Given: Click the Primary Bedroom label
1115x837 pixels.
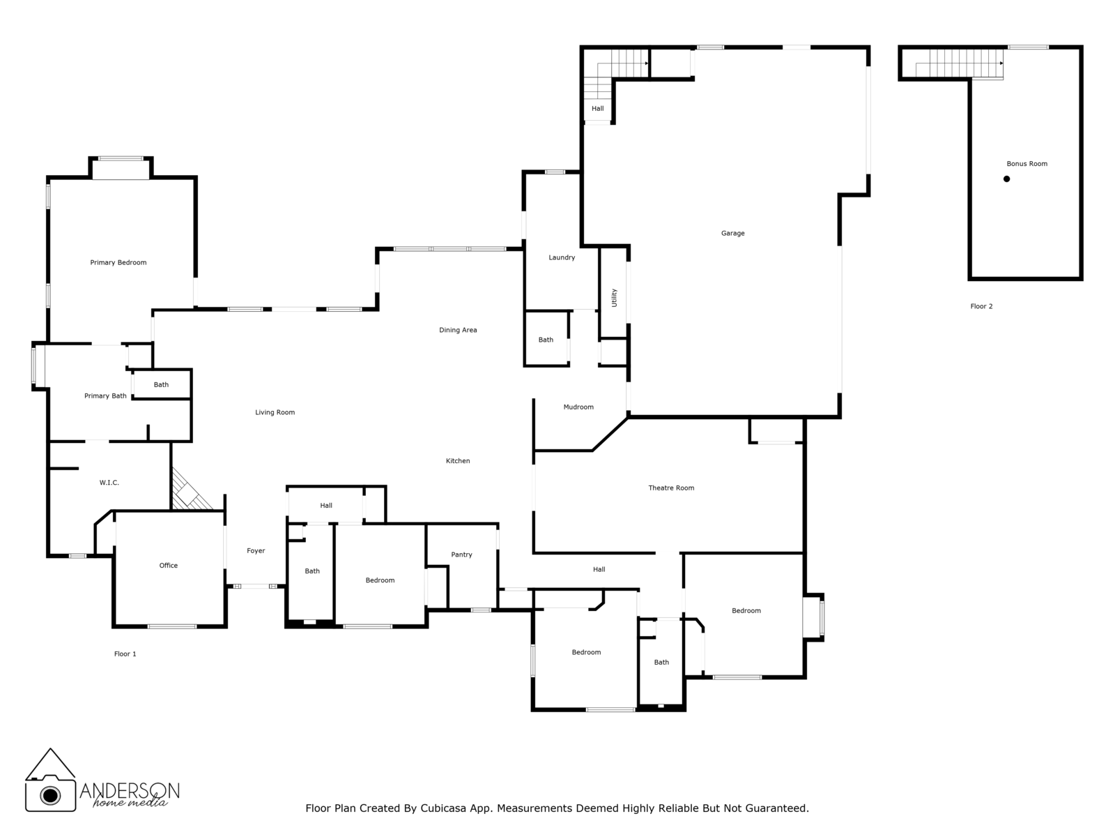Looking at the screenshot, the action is click(x=118, y=263).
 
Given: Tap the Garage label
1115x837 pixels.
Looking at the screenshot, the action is click(x=732, y=234).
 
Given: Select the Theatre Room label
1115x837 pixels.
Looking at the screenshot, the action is click(x=671, y=488).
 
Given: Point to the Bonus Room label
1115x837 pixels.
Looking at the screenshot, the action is click(x=1026, y=164).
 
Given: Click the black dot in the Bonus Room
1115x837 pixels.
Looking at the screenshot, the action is click(x=1006, y=179).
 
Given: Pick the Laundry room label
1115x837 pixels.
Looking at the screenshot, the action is click(x=562, y=258).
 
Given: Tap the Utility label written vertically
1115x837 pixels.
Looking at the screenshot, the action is click(x=614, y=298).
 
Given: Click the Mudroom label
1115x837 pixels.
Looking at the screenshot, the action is click(x=578, y=407).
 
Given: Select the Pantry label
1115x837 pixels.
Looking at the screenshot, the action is click(x=461, y=555).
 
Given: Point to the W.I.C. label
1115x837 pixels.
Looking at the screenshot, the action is click(x=109, y=483).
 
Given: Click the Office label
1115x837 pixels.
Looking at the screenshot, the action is click(x=169, y=566).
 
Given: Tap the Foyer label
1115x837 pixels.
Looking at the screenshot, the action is click(x=256, y=551).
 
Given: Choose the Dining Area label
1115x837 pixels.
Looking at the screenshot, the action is click(x=458, y=331).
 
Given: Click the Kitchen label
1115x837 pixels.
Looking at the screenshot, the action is click(x=458, y=461).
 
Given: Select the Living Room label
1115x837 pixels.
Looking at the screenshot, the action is click(x=275, y=413).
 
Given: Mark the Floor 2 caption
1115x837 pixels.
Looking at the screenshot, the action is click(x=981, y=306).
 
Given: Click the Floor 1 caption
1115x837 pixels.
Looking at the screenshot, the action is click(x=125, y=654).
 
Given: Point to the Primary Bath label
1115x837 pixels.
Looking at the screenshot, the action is click(x=105, y=396).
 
